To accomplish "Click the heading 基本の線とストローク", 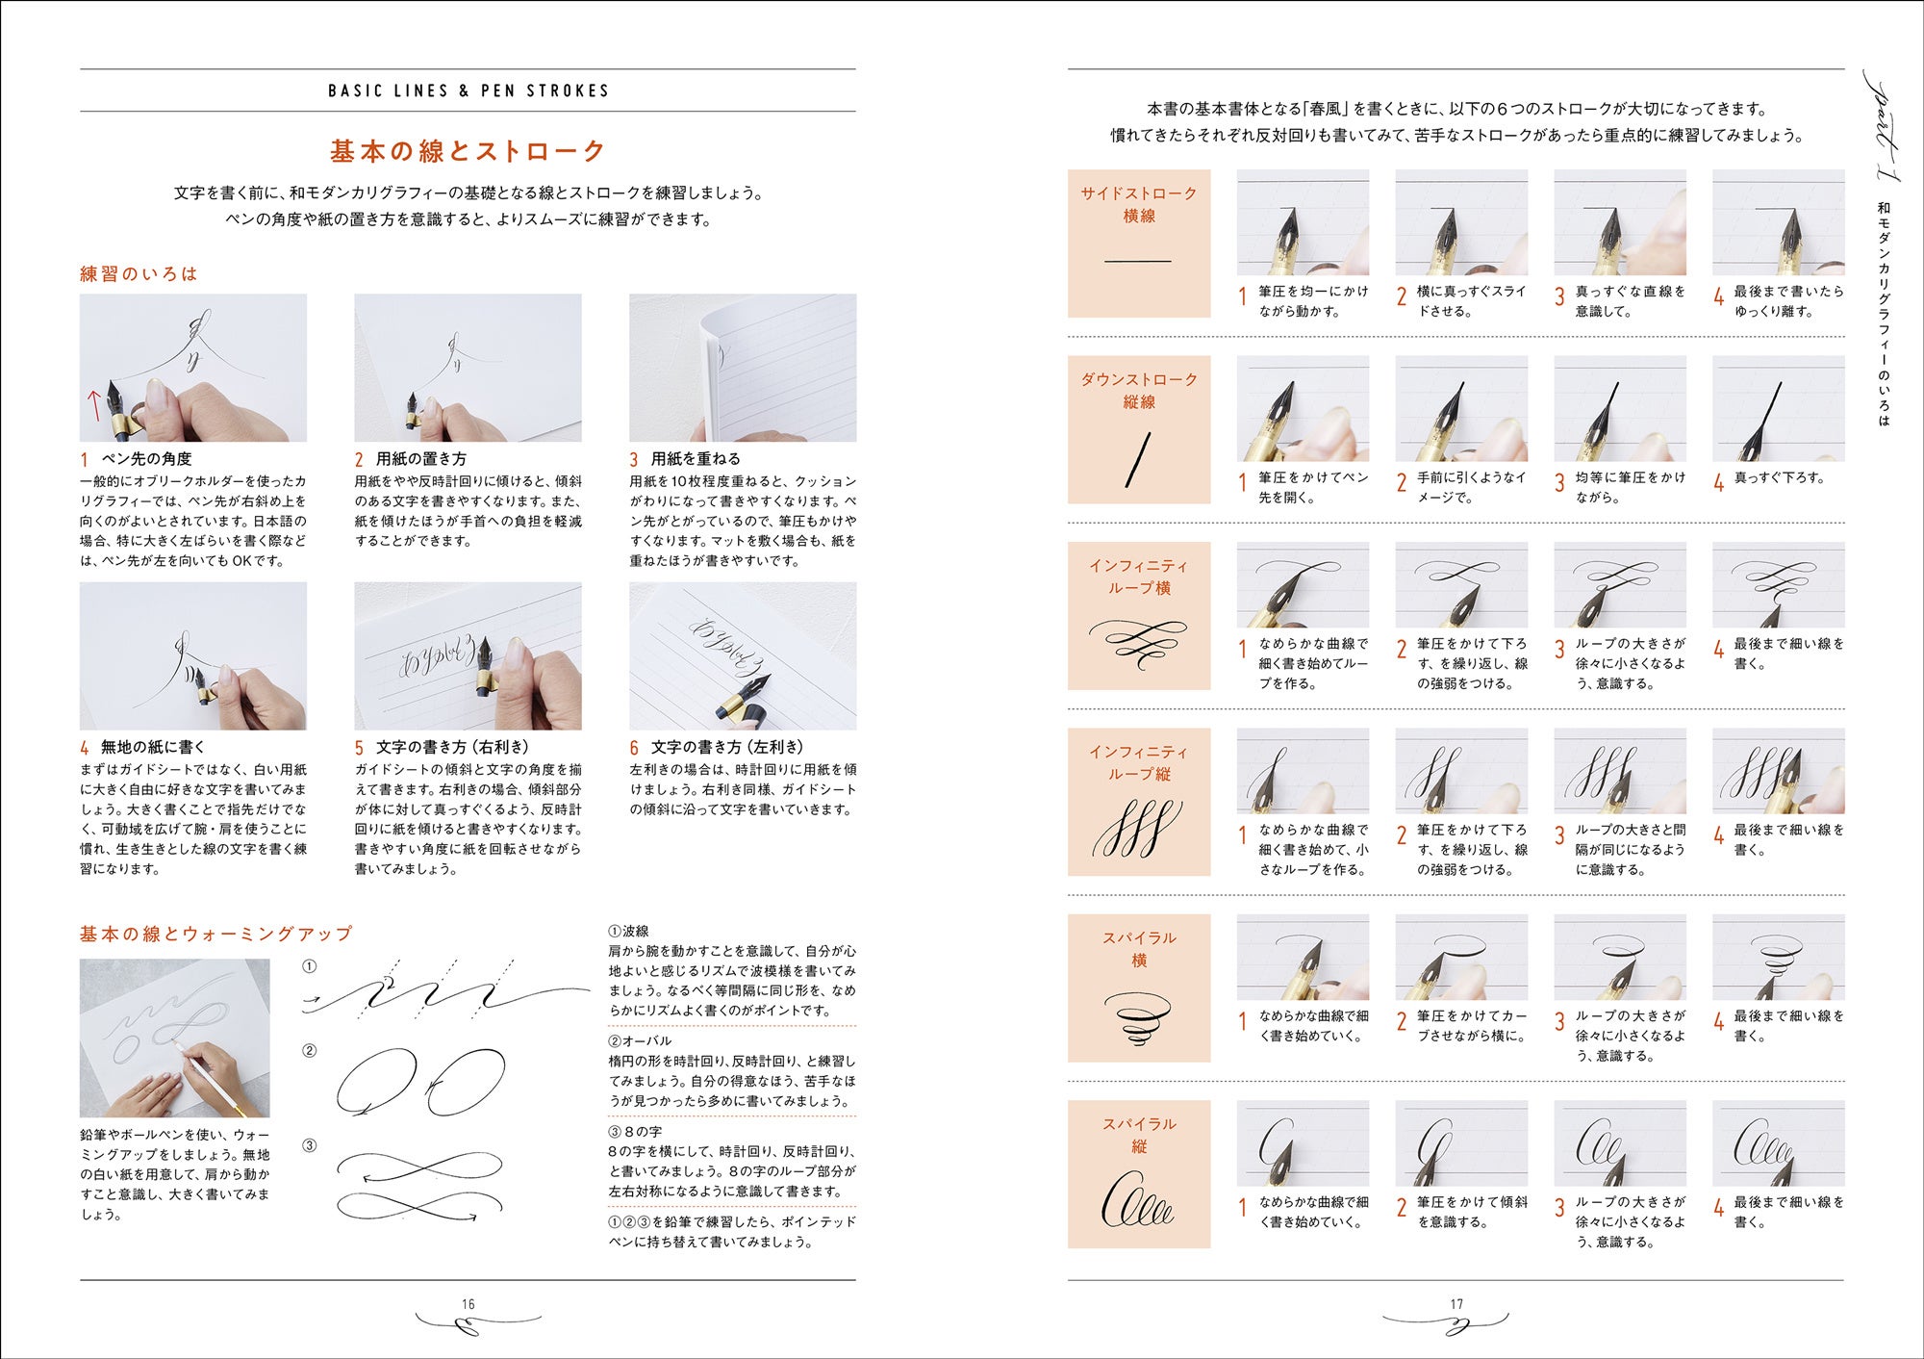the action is [x=468, y=151].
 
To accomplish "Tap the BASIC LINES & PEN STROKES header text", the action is [x=468, y=90].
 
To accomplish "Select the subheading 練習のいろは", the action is [x=139, y=273].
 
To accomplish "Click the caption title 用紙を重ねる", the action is [x=696, y=459].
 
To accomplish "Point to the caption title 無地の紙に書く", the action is [x=153, y=747].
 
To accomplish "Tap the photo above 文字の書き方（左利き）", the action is [x=743, y=655].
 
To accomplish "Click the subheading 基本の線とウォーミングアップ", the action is [x=216, y=934].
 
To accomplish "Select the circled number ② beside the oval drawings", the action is [x=309, y=1050].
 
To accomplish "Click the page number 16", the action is [x=468, y=1304].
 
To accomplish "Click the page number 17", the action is [x=1456, y=1304].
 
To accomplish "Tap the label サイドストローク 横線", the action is [x=1139, y=204].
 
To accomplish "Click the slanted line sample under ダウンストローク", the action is [x=1138, y=459].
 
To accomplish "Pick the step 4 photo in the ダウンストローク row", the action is [x=1779, y=408].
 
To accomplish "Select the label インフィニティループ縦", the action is [x=1139, y=762].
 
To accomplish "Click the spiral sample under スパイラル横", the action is [x=1138, y=1018].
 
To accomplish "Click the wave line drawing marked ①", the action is [x=445, y=991].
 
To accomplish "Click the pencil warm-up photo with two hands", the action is [x=175, y=1038].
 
